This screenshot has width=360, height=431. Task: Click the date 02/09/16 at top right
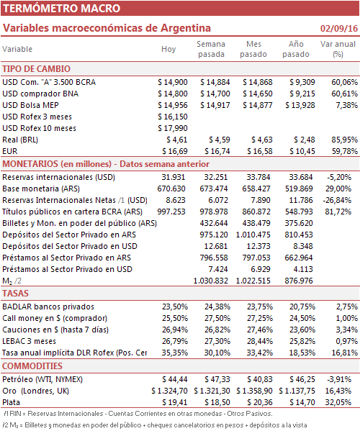(339, 28)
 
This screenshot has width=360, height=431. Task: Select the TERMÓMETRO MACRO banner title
(62, 8)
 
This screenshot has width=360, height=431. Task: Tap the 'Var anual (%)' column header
(338, 49)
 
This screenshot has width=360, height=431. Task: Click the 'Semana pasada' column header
(211, 49)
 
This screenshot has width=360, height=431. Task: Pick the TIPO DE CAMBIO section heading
(36, 69)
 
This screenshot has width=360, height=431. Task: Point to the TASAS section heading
(15, 294)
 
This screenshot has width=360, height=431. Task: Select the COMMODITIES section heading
(32, 366)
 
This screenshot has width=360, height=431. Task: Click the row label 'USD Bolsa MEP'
(30, 105)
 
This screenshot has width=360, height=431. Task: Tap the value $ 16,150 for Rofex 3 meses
(173, 117)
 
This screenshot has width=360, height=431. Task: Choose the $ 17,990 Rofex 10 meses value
(173, 128)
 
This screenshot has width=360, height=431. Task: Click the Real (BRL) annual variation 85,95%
(344, 140)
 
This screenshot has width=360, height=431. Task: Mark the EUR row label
(10, 151)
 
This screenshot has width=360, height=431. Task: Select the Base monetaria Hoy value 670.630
(171, 189)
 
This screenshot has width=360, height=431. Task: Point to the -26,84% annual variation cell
(337, 200)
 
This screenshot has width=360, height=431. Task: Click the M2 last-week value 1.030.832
(211, 281)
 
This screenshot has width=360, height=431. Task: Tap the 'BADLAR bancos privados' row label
(48, 307)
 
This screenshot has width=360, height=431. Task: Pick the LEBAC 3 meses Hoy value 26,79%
(175, 341)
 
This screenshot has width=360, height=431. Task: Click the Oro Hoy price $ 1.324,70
(169, 391)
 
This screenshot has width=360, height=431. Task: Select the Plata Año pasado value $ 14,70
(302, 402)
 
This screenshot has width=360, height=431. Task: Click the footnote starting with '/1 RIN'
(138, 414)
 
